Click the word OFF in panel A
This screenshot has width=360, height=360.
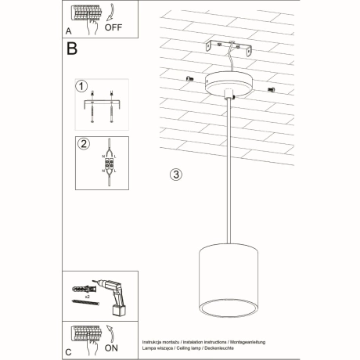pos(113,34)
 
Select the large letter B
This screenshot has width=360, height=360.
pos(73,51)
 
